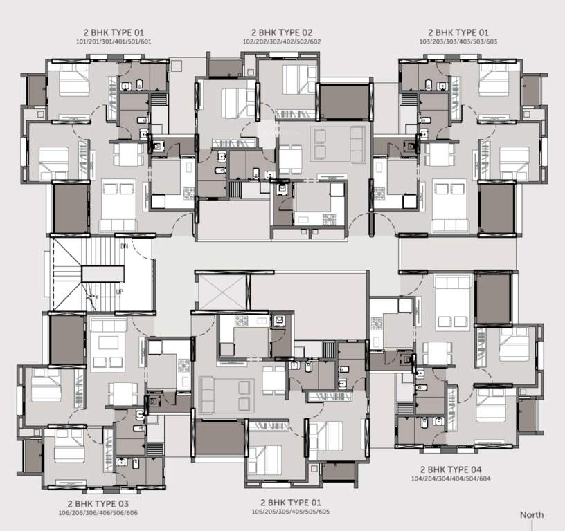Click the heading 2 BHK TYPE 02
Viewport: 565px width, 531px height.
282,32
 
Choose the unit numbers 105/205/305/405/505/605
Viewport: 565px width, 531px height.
290,512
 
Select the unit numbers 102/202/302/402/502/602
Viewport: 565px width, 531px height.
282,42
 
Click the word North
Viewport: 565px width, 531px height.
532,515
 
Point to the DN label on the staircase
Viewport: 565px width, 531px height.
124,246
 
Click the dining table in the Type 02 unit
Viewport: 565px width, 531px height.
290,160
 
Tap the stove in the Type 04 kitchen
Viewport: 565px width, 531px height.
378,323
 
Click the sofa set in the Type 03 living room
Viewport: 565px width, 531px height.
107,344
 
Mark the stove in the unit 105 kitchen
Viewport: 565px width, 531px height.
243,322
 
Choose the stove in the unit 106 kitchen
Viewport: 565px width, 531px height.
183,365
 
